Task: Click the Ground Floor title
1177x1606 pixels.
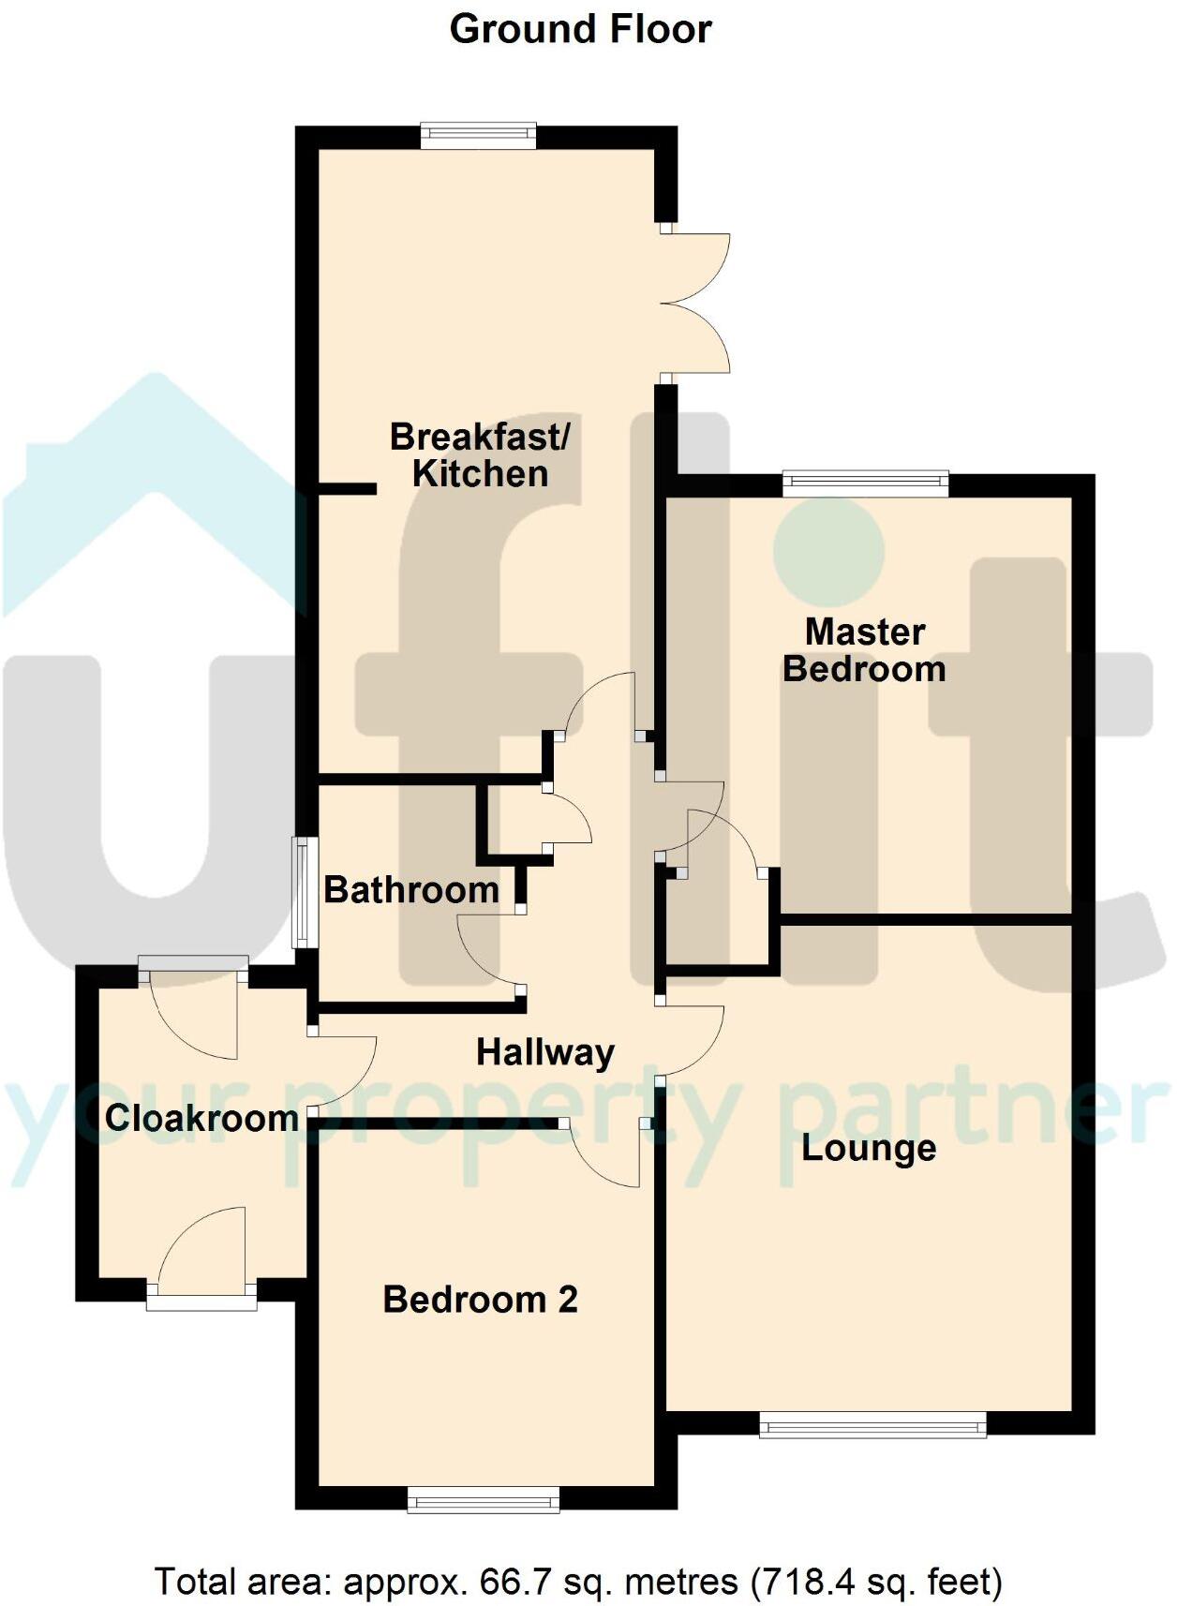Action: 580,29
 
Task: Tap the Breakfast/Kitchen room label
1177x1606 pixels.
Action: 480,455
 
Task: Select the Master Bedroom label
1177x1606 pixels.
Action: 864,650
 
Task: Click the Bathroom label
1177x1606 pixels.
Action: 411,889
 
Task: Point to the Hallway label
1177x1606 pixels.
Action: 545,1052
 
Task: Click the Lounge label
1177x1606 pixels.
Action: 869,1148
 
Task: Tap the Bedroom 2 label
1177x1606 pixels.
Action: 480,1300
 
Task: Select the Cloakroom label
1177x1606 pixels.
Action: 201,1118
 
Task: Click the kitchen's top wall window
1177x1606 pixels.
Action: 478,136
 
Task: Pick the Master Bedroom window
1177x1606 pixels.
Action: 865,483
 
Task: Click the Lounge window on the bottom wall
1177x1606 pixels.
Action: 872,1427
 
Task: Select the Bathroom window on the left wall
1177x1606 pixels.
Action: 302,892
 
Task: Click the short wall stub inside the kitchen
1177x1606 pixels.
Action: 347,488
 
